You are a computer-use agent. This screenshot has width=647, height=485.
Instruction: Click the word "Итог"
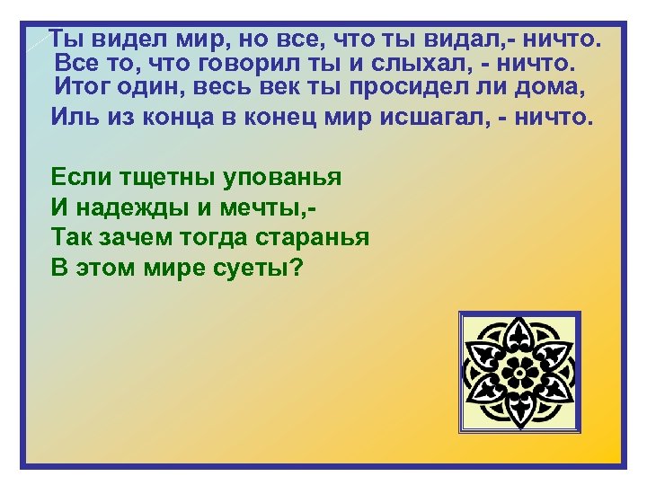tap(84, 89)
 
